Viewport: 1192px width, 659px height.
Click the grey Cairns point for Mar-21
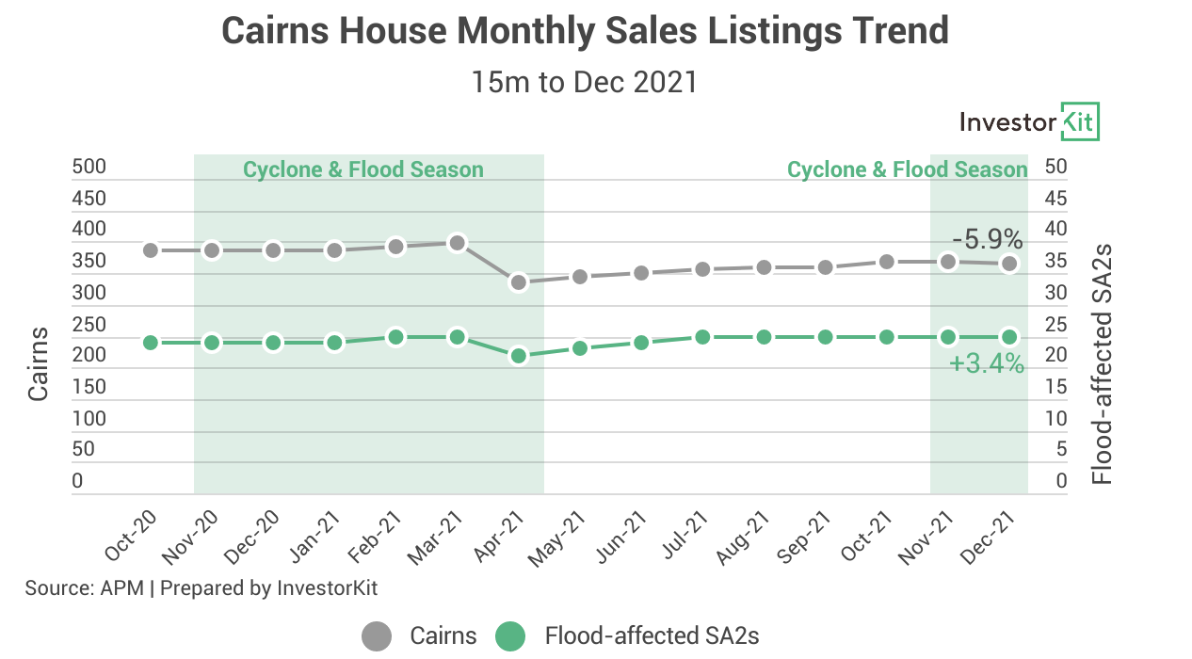[x=457, y=243]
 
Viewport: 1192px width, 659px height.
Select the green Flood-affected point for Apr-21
[x=518, y=356]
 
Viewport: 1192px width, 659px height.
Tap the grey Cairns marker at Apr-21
[x=518, y=282]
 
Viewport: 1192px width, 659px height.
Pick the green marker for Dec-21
[x=1009, y=337]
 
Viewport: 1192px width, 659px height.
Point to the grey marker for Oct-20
[x=151, y=250]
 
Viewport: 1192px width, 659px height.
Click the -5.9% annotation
[x=987, y=239]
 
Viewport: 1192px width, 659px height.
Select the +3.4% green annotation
[x=986, y=364]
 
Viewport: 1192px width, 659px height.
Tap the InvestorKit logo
[x=1028, y=122]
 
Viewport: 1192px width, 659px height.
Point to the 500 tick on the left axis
[x=89, y=168]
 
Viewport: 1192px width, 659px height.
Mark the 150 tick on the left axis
[x=89, y=386]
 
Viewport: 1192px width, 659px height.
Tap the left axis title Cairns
[x=39, y=363]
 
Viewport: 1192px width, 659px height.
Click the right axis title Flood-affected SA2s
[x=1103, y=364]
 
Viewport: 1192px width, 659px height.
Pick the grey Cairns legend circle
[x=377, y=636]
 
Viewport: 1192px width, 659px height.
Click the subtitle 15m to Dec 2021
[x=585, y=82]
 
